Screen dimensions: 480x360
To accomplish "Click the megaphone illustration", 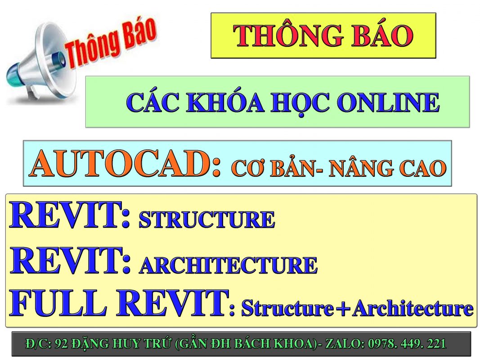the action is pyautogui.click(x=40, y=64).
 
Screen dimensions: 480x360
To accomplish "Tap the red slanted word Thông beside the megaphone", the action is pyautogui.click(x=92, y=49).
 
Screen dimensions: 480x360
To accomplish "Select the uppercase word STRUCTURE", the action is pyautogui.click(x=207, y=219).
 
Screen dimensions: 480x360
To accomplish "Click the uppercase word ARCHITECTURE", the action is pyautogui.click(x=229, y=265).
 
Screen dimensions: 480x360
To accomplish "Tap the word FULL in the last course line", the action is pyautogui.click(x=58, y=303).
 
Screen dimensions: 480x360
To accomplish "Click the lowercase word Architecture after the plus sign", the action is pyautogui.click(x=413, y=308).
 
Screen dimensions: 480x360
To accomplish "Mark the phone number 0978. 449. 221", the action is pyautogui.click(x=407, y=344).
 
